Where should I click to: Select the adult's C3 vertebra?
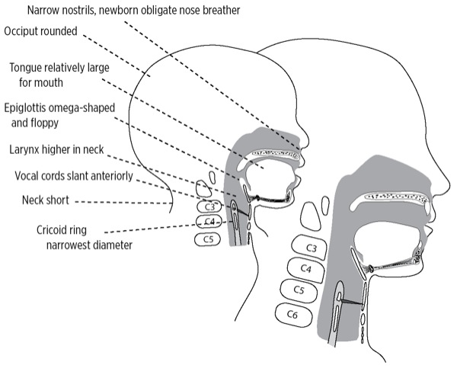pyautogui.click(x=310, y=248)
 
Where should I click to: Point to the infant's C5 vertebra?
pyautogui.click(x=207, y=239)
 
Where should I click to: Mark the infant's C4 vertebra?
pyautogui.click(x=207, y=222)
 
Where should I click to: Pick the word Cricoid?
pyautogui.click(x=33, y=230)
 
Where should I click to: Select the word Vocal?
pyautogui.click(x=29, y=175)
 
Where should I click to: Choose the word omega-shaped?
pyautogui.click(x=91, y=107)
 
